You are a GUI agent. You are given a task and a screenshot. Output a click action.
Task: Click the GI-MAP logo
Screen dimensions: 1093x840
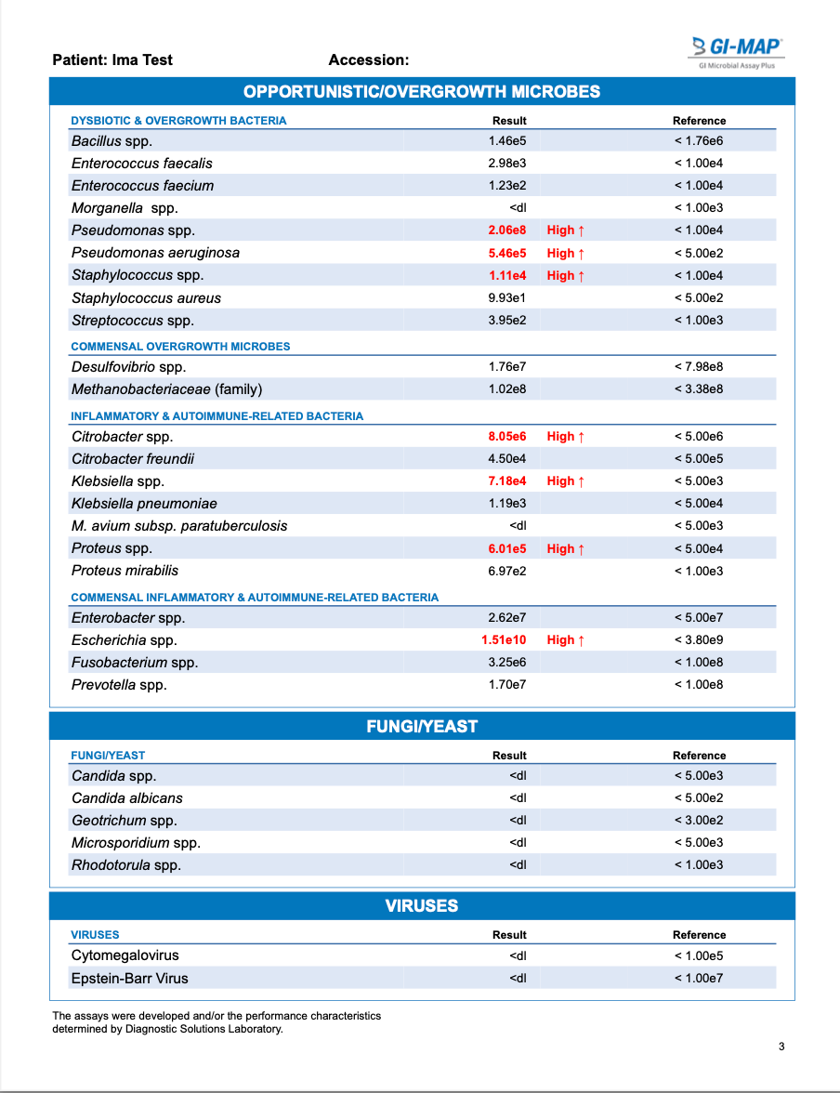pos(738,50)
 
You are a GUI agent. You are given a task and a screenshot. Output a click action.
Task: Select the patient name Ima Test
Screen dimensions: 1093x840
pos(142,60)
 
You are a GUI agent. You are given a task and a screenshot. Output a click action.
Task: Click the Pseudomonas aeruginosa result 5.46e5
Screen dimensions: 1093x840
pos(507,253)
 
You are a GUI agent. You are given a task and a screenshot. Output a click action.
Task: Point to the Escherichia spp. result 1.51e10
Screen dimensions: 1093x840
pos(504,639)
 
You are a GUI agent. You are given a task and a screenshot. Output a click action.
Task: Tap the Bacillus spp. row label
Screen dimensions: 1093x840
pos(112,141)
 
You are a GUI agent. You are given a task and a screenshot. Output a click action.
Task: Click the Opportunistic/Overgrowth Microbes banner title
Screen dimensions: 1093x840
pos(422,91)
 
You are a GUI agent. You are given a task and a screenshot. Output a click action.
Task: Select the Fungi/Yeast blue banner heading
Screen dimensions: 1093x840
pos(422,726)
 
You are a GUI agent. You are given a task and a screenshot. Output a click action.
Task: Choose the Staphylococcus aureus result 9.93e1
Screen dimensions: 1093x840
pos(507,297)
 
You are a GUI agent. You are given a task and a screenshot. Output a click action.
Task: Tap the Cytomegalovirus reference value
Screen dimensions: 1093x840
pos(699,955)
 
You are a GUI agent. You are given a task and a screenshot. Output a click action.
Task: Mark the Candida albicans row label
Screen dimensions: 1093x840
pos(126,797)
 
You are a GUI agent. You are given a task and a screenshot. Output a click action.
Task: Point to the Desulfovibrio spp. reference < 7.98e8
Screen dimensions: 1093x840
pos(699,367)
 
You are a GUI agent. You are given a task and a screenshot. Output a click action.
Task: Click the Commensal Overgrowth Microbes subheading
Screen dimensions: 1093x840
pos(180,347)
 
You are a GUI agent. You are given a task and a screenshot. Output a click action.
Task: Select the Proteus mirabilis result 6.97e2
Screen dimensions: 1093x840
pos(507,571)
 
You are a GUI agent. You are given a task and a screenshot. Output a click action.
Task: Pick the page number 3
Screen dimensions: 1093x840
pos(781,1047)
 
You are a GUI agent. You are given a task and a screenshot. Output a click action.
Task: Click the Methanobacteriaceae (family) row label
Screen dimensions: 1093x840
pos(166,389)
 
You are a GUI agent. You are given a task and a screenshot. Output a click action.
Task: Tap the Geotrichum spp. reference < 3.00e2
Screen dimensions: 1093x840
pos(699,821)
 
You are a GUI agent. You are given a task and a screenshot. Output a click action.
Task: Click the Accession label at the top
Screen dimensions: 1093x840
pos(368,60)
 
